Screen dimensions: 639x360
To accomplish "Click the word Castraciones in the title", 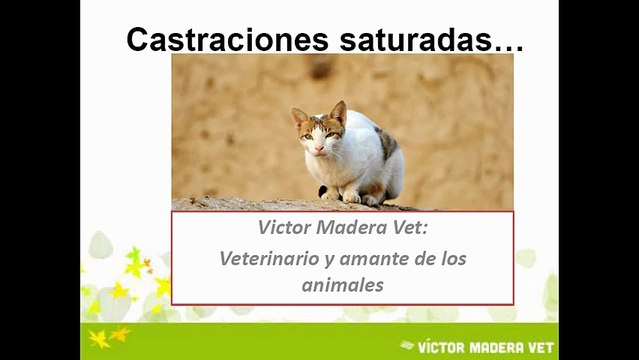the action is point(227,40).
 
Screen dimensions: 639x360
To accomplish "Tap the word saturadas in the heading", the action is point(416,40).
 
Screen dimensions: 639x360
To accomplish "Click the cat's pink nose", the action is point(319,148).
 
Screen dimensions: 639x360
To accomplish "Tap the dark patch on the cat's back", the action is point(387,143).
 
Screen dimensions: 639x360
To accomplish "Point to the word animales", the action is point(343,285).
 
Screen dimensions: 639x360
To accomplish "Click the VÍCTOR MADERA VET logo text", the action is point(486,348).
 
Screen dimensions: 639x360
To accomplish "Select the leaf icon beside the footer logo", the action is point(407,345).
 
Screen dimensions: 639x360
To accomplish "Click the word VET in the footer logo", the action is point(541,348).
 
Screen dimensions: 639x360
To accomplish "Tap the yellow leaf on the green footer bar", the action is point(99,339).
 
